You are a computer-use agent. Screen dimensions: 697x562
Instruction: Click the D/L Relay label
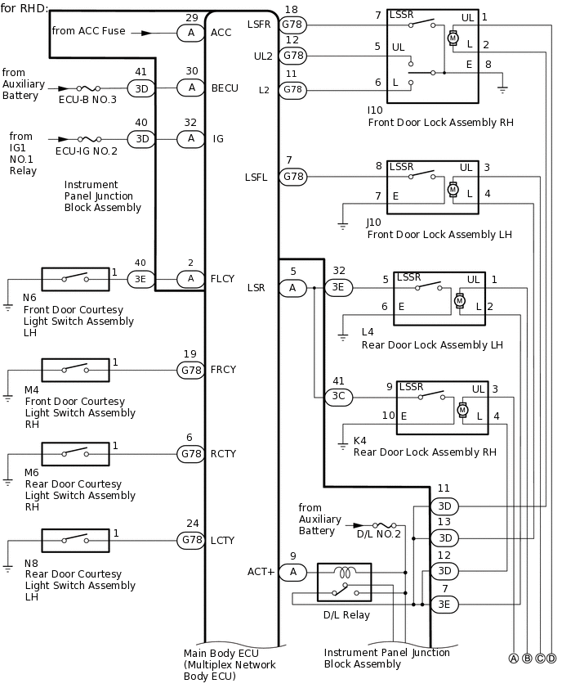[346, 615]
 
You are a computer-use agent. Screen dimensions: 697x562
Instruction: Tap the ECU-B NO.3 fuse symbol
[87, 88]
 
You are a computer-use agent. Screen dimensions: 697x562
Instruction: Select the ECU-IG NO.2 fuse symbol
[87, 139]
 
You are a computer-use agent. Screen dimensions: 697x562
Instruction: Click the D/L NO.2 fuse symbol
[383, 525]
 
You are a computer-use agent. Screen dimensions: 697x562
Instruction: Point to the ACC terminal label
[221, 33]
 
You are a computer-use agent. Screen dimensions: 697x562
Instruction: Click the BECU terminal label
[225, 88]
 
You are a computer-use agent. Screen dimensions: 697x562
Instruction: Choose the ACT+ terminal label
[261, 572]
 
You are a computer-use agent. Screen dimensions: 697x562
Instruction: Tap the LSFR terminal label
[258, 25]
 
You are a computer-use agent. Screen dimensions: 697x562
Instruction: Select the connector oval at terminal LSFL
[292, 176]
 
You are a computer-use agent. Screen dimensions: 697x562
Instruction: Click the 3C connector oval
[338, 397]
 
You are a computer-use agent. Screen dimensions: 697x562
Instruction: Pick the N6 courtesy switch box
[75, 279]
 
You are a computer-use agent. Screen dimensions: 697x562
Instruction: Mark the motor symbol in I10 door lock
[453, 38]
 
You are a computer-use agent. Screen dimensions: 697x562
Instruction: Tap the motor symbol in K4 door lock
[463, 408]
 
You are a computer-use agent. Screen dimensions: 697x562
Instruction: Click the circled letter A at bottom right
[514, 659]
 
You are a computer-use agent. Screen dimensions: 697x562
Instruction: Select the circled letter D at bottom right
[551, 659]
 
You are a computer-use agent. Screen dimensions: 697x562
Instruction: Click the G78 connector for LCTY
[191, 540]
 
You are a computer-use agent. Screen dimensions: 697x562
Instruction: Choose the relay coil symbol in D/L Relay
[344, 573]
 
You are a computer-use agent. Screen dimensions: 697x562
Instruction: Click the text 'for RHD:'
[25, 9]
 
